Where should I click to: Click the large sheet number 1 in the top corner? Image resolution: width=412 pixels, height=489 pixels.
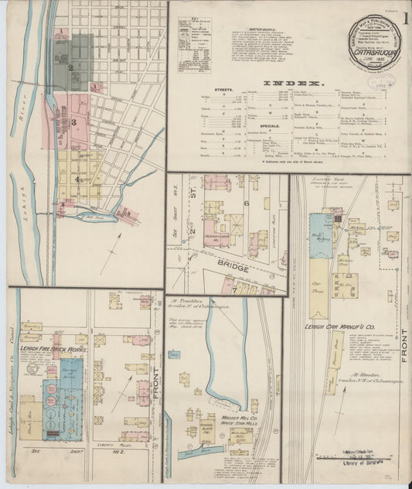coord(405,15)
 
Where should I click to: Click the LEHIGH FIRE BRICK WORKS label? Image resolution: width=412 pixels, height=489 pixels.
coord(57,350)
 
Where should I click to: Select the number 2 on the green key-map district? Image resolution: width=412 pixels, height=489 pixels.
coord(70,67)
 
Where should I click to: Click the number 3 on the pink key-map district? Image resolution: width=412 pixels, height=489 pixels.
coord(74,121)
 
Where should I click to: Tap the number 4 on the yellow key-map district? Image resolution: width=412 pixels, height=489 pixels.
coord(76,178)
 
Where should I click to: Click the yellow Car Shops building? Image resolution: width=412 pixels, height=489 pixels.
coord(318,294)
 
